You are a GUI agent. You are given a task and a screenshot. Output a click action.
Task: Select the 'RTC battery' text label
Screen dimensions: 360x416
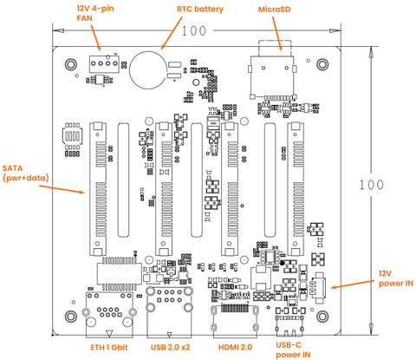pyautogui.click(x=200, y=9)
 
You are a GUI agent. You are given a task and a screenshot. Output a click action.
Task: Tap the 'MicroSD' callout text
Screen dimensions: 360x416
pyautogui.click(x=275, y=9)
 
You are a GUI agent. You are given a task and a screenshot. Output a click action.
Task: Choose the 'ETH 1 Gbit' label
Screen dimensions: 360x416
pyautogui.click(x=107, y=347)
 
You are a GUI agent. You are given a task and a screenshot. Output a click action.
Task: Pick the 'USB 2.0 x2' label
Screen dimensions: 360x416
pyautogui.click(x=170, y=347)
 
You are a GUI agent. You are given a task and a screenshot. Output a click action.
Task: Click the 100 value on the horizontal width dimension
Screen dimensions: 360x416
pyautogui.click(x=195, y=31)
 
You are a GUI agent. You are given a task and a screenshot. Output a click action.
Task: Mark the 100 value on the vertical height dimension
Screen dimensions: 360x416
pyautogui.click(x=372, y=184)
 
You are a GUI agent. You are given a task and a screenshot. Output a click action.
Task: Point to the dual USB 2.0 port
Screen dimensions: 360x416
pyautogui.click(x=169, y=312)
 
